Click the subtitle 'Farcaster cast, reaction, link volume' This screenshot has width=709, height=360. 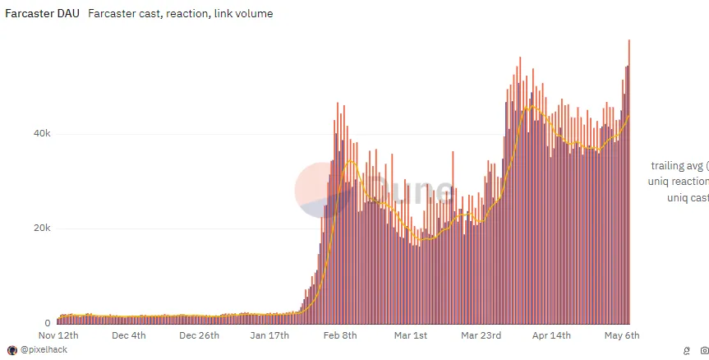pyautogui.click(x=180, y=14)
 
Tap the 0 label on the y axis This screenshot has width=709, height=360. pyautogui.click(x=47, y=323)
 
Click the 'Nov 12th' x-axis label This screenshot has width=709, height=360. pyautogui.click(x=59, y=335)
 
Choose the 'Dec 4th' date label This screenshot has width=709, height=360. pyautogui.click(x=128, y=335)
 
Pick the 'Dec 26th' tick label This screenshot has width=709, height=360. pyautogui.click(x=199, y=335)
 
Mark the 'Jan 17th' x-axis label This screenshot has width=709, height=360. pyautogui.click(x=269, y=335)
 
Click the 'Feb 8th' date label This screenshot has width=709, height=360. pyautogui.click(x=339, y=335)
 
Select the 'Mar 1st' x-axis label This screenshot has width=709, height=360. pyautogui.click(x=410, y=335)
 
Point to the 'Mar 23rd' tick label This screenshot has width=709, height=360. pyautogui.click(x=481, y=335)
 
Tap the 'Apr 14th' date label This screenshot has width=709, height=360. pyautogui.click(x=550, y=335)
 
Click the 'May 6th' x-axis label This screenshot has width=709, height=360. pyautogui.click(x=621, y=335)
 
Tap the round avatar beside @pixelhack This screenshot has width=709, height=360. pyautogui.click(x=12, y=350)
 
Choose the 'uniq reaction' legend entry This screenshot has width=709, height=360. pyautogui.click(x=678, y=182)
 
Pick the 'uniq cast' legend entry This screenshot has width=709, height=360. pyautogui.click(x=688, y=198)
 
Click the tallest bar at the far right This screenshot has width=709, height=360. pyautogui.click(x=628, y=181)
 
